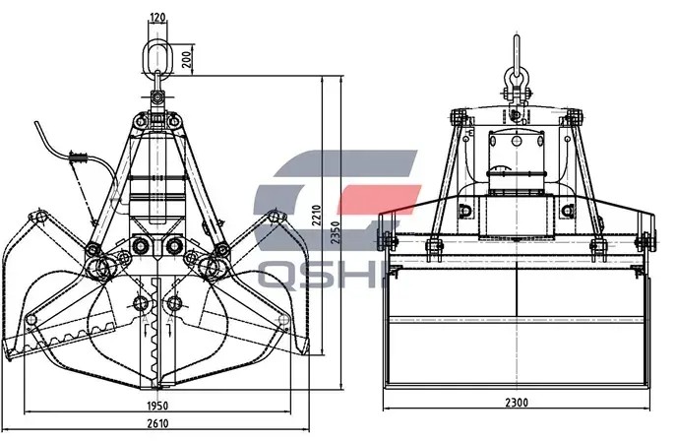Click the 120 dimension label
point(157,18)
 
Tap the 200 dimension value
point(186,59)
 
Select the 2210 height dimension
point(317,216)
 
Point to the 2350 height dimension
point(336,232)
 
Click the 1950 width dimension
point(157,406)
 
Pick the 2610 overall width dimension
point(158,423)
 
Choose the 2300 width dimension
point(517,403)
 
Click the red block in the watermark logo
point(379,199)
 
